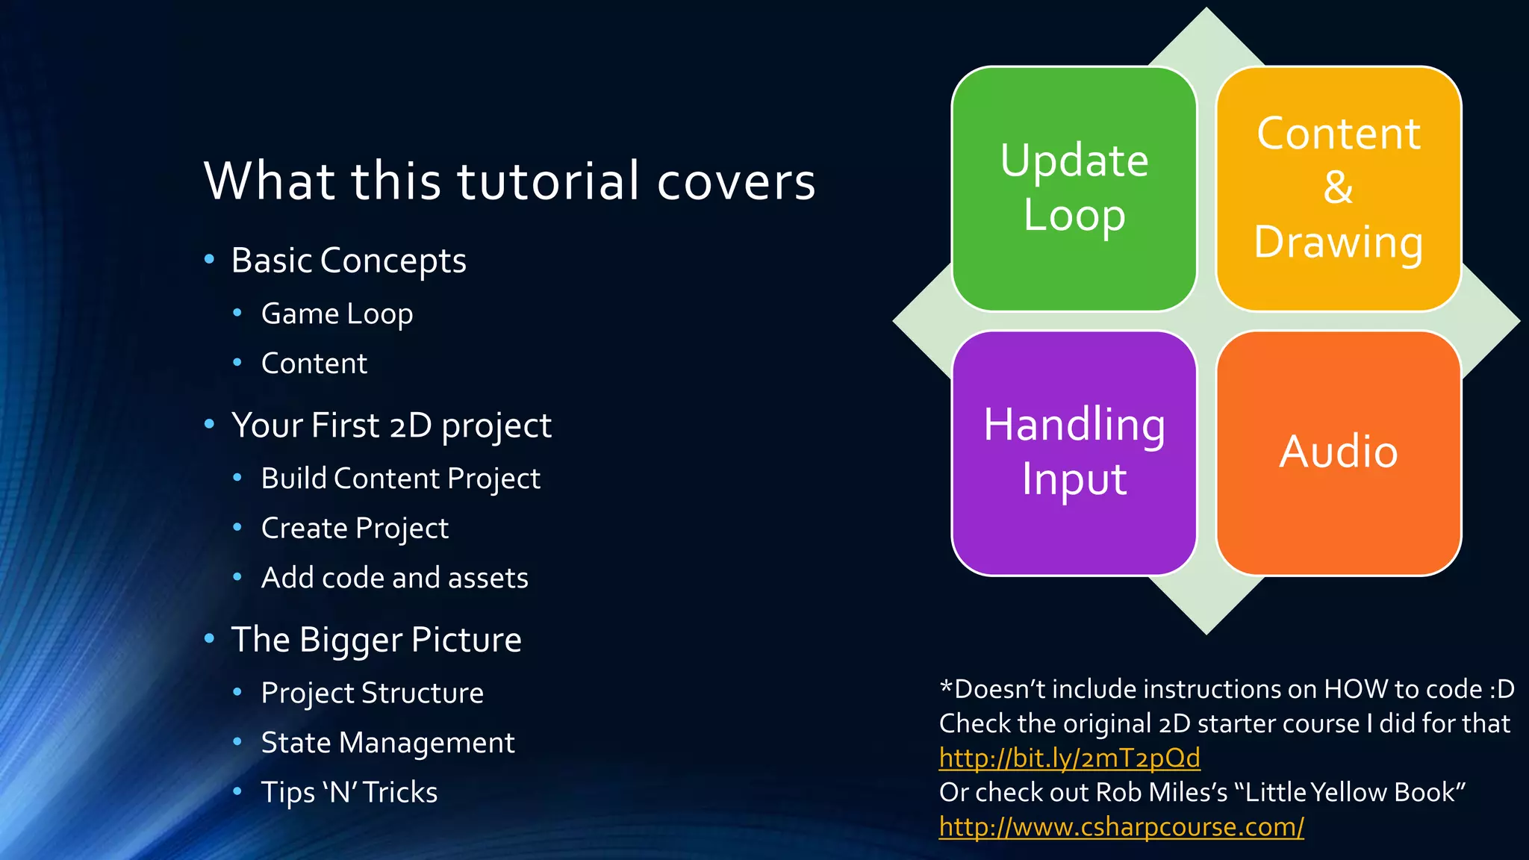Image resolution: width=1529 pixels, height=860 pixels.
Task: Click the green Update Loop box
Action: [1074, 188]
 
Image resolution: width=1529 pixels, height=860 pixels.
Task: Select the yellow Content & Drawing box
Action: [1338, 188]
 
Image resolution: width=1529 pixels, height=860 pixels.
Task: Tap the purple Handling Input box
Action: [1074, 452]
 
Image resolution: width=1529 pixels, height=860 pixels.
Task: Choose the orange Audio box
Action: [1338, 452]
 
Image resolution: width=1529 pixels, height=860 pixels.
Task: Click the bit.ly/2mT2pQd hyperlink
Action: [1069, 758]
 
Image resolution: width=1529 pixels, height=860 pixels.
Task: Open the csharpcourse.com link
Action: [1121, 827]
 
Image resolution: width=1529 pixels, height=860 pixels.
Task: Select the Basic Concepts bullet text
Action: [348, 261]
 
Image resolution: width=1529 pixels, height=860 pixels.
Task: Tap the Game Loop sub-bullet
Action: [337, 314]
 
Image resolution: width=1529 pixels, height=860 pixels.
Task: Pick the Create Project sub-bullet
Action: [355, 529]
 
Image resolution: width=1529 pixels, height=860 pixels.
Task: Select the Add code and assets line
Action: [394, 579]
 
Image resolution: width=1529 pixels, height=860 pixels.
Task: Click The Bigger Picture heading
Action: [376, 641]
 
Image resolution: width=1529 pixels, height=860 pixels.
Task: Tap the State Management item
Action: [387, 743]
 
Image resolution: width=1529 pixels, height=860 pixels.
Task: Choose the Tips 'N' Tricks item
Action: [349, 793]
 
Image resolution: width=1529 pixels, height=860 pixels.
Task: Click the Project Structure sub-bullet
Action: [372, 694]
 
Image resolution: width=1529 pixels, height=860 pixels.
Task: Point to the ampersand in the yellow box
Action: [1338, 188]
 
